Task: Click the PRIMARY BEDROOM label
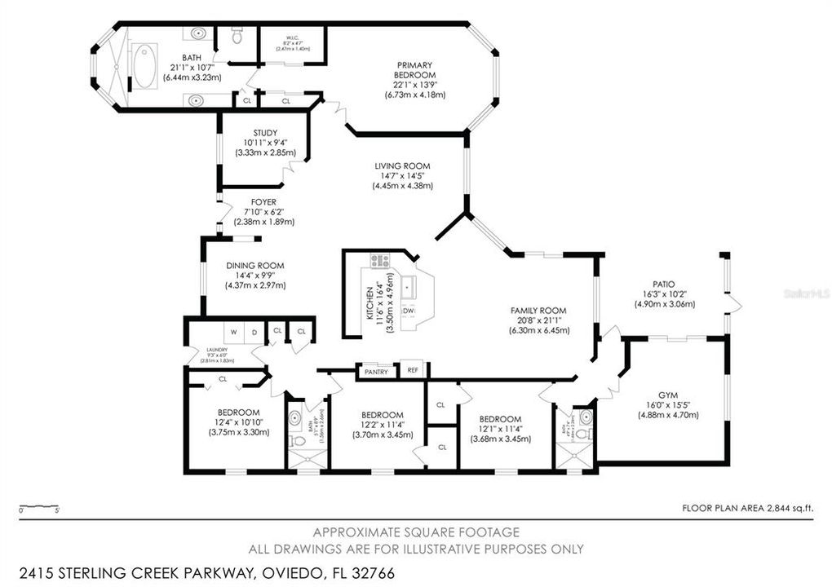(415, 70)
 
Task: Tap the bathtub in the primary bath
(147, 67)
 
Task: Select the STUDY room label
(265, 133)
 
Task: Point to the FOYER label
(263, 201)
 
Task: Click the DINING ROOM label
(255, 265)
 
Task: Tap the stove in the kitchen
(380, 262)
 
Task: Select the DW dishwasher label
(409, 311)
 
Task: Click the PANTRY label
(376, 371)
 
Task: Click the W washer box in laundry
(233, 332)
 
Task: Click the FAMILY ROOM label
(538, 311)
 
